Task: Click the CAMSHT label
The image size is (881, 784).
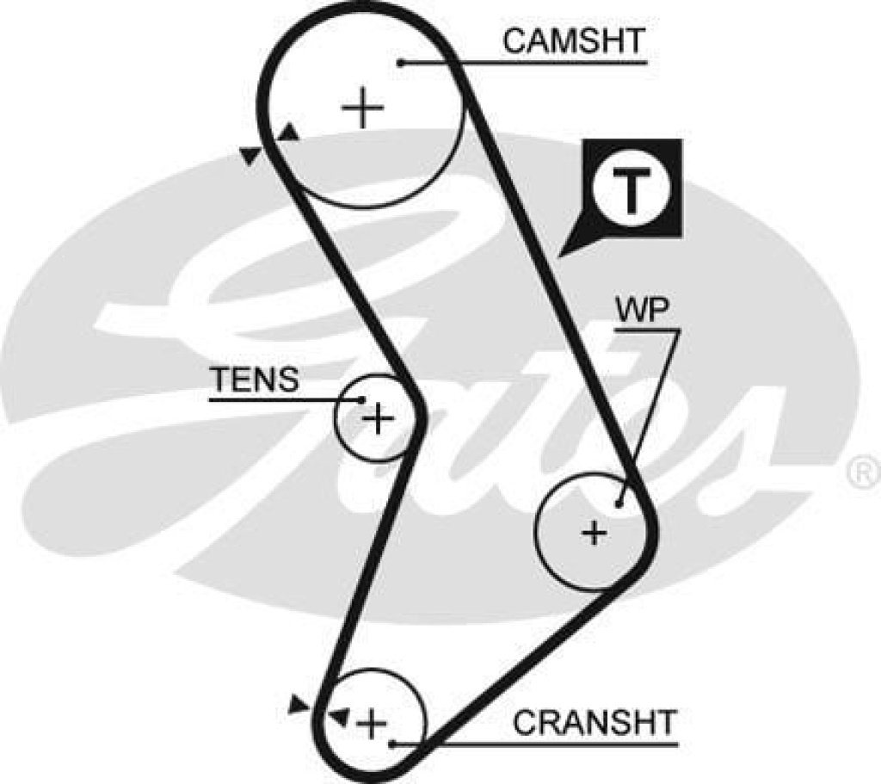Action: tap(573, 40)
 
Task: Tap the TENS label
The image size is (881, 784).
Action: tap(255, 380)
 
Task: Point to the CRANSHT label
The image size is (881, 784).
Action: tap(595, 722)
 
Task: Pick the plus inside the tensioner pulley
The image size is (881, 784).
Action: tap(377, 419)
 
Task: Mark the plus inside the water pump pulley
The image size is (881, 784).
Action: tap(594, 534)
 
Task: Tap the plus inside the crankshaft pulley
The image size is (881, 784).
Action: tap(372, 724)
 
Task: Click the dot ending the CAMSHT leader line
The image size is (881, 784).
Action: tap(401, 62)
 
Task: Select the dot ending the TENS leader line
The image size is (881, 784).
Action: tap(362, 399)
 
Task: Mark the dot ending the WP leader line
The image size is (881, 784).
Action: tap(619, 503)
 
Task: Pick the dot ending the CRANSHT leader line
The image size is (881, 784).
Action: tap(391, 744)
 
